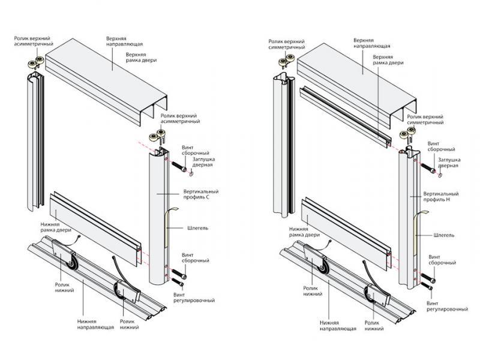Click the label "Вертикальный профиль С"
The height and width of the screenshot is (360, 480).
[200, 195]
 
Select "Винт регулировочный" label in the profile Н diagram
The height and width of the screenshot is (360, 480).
[447, 305]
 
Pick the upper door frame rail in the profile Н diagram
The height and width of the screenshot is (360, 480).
[342, 114]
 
